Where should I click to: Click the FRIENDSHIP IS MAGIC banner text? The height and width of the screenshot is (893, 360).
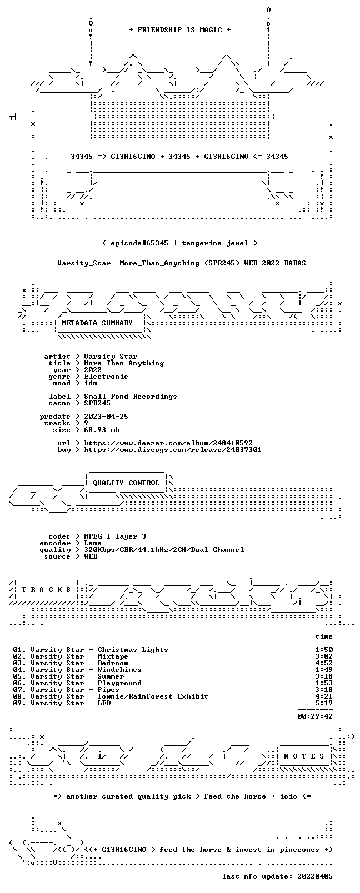pyautogui.click(x=180, y=30)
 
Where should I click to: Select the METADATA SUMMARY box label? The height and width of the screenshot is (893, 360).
pyautogui.click(x=97, y=323)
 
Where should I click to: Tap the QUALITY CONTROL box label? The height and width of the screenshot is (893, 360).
pyautogui.click(x=126, y=483)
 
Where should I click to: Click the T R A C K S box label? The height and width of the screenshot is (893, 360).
pyautogui.click(x=46, y=590)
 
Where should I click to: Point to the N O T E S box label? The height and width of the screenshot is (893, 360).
pyautogui.click(x=304, y=756)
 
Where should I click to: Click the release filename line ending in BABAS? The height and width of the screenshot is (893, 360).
pyautogui.click(x=182, y=263)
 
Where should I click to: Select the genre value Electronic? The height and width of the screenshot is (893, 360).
pyautogui.click(x=106, y=377)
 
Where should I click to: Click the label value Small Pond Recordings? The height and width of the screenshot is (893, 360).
pyautogui.click(x=131, y=397)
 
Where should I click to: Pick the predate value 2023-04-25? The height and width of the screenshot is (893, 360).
pyautogui.click(x=106, y=416)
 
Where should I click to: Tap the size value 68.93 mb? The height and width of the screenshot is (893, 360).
pyautogui.click(x=102, y=430)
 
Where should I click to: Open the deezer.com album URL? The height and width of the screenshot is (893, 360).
pyautogui.click(x=168, y=443)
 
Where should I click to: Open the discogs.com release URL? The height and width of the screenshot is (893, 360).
pyautogui.click(x=173, y=450)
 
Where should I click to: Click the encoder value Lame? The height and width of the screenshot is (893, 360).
pyautogui.click(x=92, y=543)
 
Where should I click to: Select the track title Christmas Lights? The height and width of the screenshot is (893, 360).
pyautogui.click(x=133, y=650)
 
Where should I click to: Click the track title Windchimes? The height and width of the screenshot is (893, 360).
pyautogui.click(x=119, y=670)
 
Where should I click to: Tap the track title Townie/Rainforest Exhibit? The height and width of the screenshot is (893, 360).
pyautogui.click(x=153, y=696)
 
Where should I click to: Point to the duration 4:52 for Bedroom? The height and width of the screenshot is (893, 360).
pyautogui.click(x=324, y=663)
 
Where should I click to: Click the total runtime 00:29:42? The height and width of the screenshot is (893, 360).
pyautogui.click(x=315, y=716)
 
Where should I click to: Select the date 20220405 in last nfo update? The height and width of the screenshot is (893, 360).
pyautogui.click(x=315, y=876)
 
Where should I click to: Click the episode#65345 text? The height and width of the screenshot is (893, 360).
pyautogui.click(x=139, y=243)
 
